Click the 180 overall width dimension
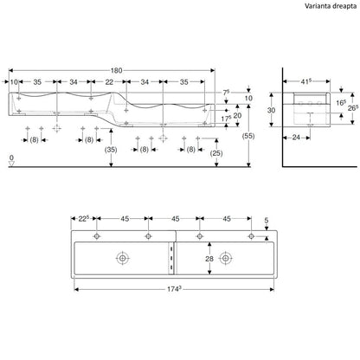(117, 70)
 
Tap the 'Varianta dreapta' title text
(331, 6)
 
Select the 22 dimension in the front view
(109, 82)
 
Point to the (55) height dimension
(248, 136)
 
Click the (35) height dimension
(111, 150)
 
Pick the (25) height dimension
(216, 153)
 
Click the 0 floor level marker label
(11, 157)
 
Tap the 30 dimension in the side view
(271, 110)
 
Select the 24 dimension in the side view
(296, 138)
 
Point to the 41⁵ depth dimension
(306, 81)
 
